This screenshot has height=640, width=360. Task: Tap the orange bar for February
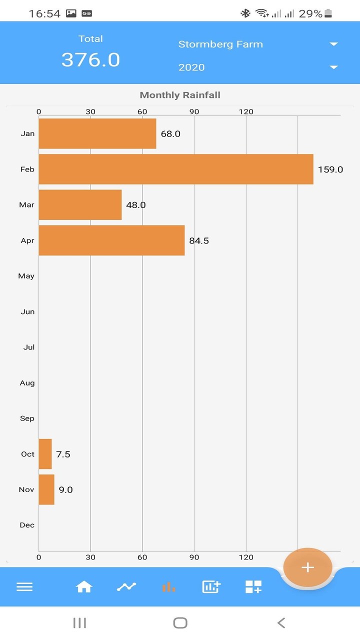pyautogui.click(x=175, y=169)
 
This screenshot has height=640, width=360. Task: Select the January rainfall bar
pyautogui.click(x=97, y=133)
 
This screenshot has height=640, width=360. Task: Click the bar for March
pyautogui.click(x=80, y=204)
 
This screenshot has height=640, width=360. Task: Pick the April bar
pyautogui.click(x=111, y=240)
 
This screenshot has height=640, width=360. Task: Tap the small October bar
pyautogui.click(x=45, y=454)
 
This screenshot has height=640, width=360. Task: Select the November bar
pyautogui.click(x=46, y=489)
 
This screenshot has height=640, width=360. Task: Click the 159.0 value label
pyautogui.click(x=330, y=169)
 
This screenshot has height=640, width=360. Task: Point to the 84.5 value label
pyautogui.click(x=199, y=241)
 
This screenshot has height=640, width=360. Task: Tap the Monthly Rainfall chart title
pyautogui.click(x=180, y=95)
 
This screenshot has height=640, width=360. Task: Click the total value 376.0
pyautogui.click(x=90, y=60)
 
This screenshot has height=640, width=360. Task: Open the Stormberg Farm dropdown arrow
pyautogui.click(x=334, y=44)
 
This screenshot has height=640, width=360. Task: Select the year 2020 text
pyautogui.click(x=191, y=67)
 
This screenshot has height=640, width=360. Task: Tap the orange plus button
pyautogui.click(x=307, y=567)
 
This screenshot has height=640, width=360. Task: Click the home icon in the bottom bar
pyautogui.click(x=84, y=587)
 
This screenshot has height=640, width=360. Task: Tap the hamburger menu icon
pyautogui.click(x=24, y=587)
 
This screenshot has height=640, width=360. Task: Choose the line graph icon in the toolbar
pyautogui.click(x=126, y=587)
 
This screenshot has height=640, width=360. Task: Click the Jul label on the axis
pyautogui.click(x=29, y=347)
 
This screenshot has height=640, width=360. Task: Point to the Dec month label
pyautogui.click(x=27, y=525)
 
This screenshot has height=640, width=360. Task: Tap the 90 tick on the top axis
pyautogui.click(x=194, y=111)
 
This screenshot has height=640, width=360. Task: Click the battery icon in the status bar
pyautogui.click(x=328, y=13)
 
